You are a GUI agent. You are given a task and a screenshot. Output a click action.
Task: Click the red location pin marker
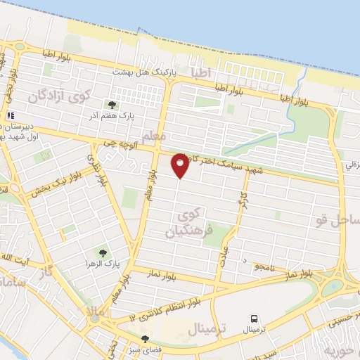pos(181,165)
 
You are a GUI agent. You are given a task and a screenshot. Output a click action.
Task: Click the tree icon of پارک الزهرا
pos(103,252)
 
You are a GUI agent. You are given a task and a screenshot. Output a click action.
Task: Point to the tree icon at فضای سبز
pos(146,339)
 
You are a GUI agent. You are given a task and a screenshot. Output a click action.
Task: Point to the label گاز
pos(49,269)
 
